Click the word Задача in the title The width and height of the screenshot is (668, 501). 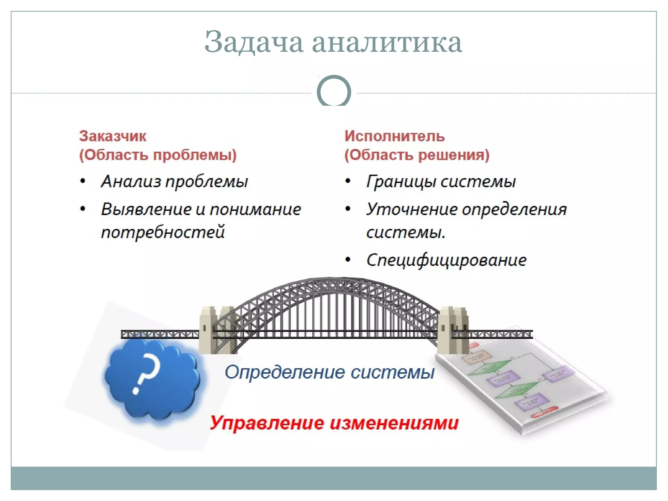(x=254, y=42)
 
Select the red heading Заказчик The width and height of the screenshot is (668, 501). (x=113, y=136)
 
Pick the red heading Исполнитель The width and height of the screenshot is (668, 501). (x=394, y=136)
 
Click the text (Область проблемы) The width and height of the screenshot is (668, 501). (x=158, y=155)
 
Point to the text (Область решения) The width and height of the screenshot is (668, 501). (x=417, y=155)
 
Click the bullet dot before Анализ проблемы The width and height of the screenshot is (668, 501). (x=83, y=181)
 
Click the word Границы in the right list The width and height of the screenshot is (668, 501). (x=401, y=182)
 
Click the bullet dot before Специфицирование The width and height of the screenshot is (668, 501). (x=348, y=260)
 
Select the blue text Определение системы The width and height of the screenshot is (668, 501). (x=329, y=372)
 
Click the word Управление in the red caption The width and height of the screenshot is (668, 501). (x=267, y=423)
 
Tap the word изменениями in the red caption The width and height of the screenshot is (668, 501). (x=394, y=423)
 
